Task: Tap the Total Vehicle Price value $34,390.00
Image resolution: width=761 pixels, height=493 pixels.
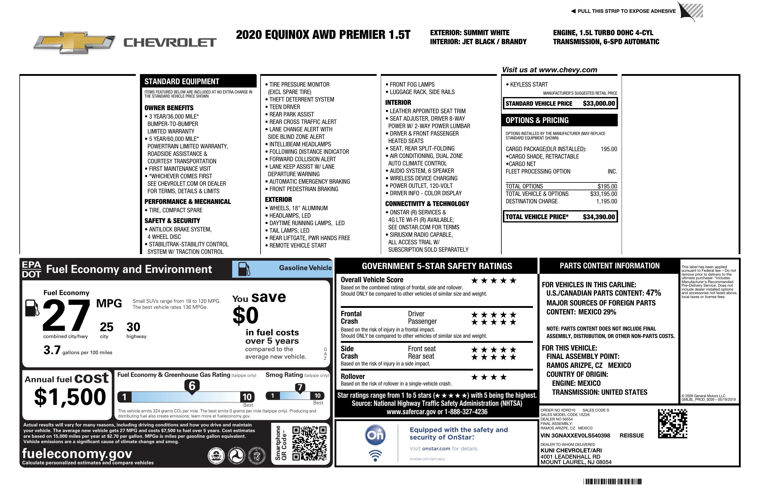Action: [599, 217]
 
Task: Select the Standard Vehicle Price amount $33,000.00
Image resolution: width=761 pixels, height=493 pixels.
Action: [599, 103]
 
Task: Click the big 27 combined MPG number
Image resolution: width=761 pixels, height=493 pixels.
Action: [66, 315]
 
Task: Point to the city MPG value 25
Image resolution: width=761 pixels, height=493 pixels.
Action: [107, 327]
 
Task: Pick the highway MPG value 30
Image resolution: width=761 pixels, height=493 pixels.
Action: [133, 327]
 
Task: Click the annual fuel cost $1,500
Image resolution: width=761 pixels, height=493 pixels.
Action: [70, 397]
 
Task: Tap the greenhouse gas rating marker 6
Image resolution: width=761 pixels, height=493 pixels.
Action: [192, 386]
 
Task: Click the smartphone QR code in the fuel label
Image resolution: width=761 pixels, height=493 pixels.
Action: [309, 443]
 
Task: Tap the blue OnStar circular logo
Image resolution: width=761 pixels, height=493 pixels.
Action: [375, 435]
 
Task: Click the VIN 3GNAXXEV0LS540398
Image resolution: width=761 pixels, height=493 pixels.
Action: [575, 435]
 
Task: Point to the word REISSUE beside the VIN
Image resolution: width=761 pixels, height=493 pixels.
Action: [631, 435]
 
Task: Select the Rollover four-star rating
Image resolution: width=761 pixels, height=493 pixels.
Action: [489, 377]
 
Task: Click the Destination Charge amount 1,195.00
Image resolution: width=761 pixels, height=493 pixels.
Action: [606, 201]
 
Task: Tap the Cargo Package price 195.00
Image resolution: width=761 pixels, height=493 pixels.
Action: [609, 149]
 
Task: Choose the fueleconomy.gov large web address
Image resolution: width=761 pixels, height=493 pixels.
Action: [77, 453]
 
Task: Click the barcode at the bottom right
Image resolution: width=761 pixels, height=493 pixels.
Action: [612, 481]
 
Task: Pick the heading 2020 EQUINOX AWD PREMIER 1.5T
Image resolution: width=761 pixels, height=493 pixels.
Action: [323, 35]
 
